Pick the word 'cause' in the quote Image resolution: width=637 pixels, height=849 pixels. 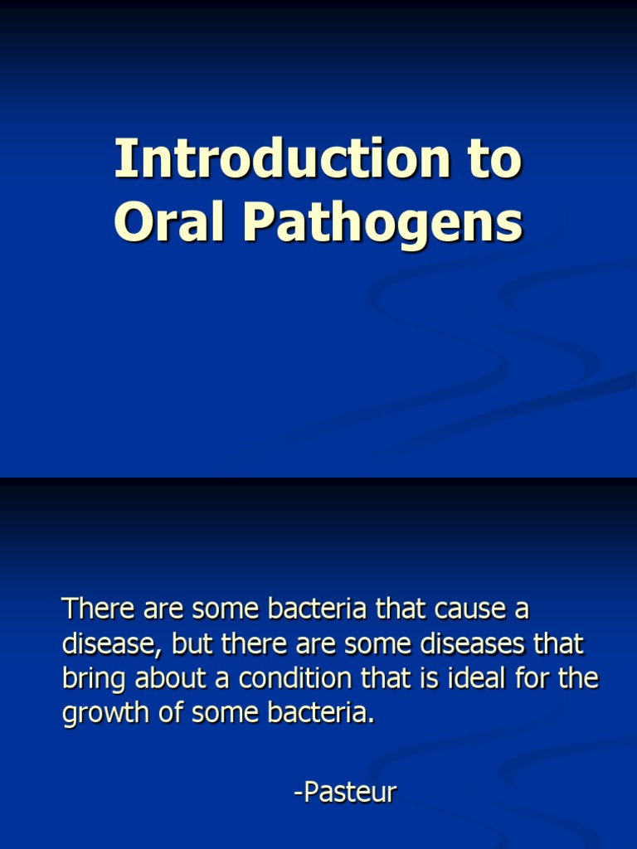(469, 609)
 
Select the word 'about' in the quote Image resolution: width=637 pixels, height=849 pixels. (159, 679)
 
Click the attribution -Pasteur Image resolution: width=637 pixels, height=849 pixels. (345, 793)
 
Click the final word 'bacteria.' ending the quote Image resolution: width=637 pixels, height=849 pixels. (320, 714)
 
